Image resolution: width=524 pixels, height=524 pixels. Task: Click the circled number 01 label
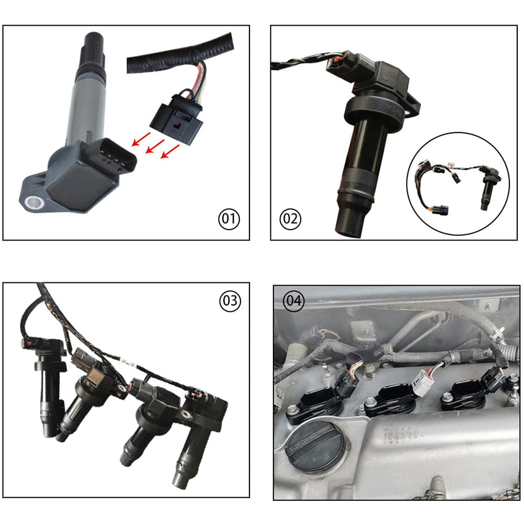pyautogui.click(x=228, y=219)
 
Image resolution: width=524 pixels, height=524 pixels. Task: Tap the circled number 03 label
pyautogui.click(x=230, y=301)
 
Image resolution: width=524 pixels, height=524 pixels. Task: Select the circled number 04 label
pyautogui.click(x=293, y=301)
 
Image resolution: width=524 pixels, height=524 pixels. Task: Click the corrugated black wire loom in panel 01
pyautogui.click(x=178, y=52)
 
